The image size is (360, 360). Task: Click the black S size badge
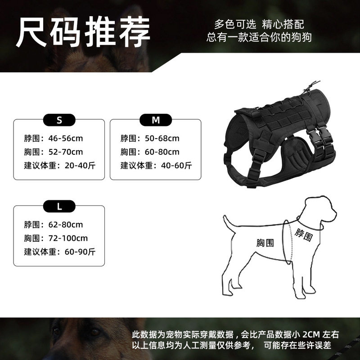pos(59,120)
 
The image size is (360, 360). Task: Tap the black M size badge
pos(156,120)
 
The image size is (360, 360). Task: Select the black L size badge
pos(59,206)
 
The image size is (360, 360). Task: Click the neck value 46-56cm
pos(65,139)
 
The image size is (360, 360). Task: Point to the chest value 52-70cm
pos(65,152)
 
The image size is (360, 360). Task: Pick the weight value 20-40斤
pos(80,166)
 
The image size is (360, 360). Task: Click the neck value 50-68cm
pos(162,139)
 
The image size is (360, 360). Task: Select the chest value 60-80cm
pos(162,152)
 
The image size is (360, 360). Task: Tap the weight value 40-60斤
pos(176,166)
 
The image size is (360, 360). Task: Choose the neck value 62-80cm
pos(65,225)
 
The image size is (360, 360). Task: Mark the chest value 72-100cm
pos(68,238)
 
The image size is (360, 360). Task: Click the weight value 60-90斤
pos(80,252)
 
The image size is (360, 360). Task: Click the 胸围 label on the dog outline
pos(265,243)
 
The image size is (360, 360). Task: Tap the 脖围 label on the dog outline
pos(303,234)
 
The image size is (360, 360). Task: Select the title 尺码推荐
pos(83,31)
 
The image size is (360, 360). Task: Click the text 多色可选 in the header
pos(235,24)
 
